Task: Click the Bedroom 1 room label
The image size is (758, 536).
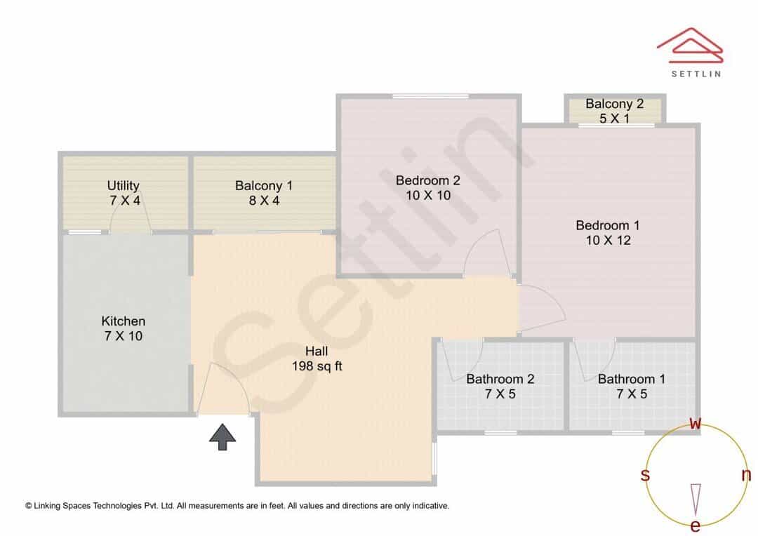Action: [x=608, y=225]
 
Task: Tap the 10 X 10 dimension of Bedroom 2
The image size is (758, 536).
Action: [x=428, y=195]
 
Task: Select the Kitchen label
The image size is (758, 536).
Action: [x=124, y=321]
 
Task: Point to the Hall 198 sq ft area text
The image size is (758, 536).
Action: [x=317, y=359]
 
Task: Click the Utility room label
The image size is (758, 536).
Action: [x=124, y=186]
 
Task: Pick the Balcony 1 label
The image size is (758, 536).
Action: [x=264, y=186]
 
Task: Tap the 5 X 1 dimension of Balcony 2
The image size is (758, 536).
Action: [x=614, y=119]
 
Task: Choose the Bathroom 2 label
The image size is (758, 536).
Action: [x=500, y=379]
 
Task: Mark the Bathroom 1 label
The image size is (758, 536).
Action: [x=632, y=379]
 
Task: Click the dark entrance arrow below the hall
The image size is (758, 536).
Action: [x=223, y=437]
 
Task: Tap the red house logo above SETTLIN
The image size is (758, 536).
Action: [x=690, y=46]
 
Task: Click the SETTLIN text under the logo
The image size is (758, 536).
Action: [x=696, y=74]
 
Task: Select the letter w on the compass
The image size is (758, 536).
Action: [x=695, y=424]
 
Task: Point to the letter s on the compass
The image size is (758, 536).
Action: [x=645, y=475]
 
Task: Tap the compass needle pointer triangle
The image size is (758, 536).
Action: [x=696, y=500]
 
